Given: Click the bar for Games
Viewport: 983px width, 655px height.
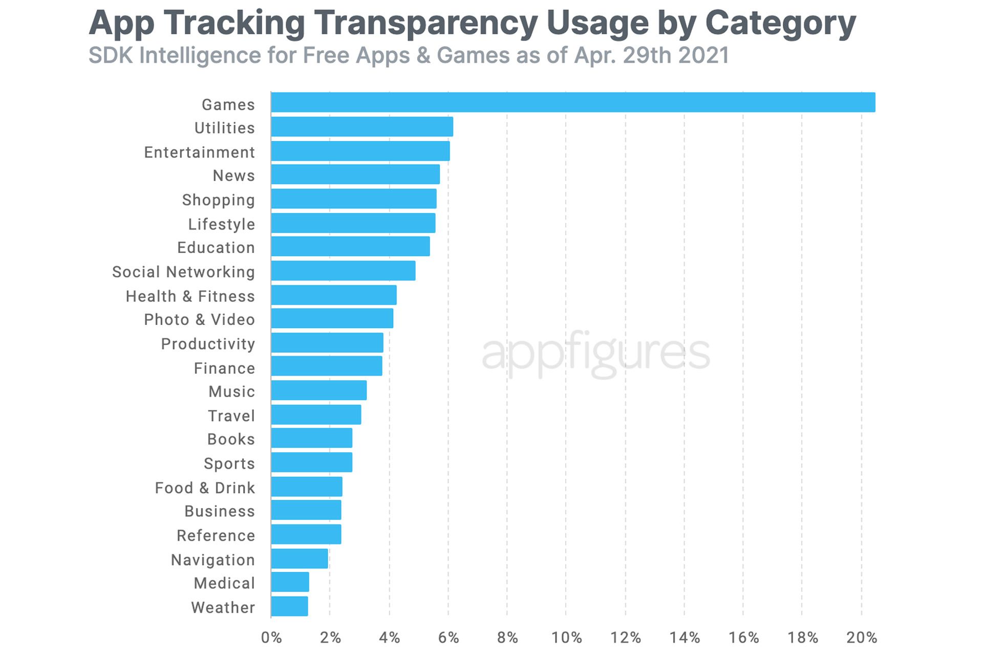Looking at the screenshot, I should coord(572,102).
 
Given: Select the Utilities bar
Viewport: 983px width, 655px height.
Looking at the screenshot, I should coord(362,127).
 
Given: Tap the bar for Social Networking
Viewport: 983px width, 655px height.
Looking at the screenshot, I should coord(343,271).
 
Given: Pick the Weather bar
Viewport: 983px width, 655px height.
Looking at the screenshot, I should coord(289,606).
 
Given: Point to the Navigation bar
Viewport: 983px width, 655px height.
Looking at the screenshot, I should coord(300,559).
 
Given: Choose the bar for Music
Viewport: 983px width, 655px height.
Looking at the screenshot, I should coord(318,390).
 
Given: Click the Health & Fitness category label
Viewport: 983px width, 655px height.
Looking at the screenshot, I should coord(190,296).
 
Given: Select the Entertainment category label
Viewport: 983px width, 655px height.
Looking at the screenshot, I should coord(199,152).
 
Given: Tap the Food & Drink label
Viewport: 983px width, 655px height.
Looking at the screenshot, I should coord(205,488).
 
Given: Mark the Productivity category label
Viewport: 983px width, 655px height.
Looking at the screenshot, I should coord(208,344).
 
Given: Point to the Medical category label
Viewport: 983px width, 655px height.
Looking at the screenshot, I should coord(224,583).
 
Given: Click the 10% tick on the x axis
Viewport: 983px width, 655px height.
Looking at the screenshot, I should coord(566,638).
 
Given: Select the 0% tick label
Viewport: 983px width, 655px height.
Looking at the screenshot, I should coord(271,638).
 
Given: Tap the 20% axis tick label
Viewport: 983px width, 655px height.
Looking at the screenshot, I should coord(862,638).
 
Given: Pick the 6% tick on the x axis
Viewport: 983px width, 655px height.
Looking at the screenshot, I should coord(448,638).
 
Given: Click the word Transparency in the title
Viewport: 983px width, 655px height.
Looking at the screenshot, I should coord(426,23).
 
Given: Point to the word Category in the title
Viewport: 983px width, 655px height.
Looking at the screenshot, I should coord(780,23).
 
